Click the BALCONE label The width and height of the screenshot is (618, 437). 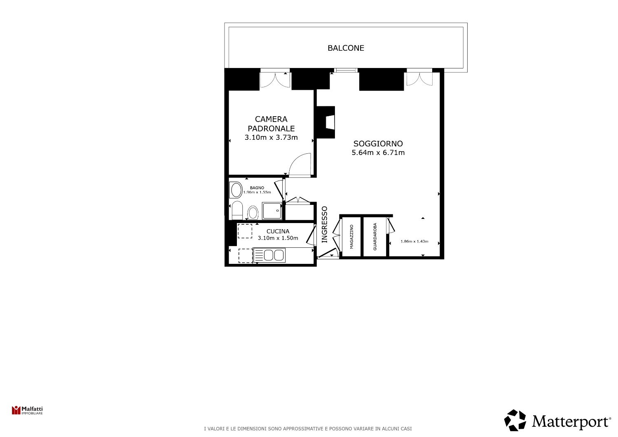pos(346,48)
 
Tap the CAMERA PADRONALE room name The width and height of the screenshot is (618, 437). pos(271,124)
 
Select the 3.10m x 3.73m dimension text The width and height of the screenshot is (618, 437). pos(271,137)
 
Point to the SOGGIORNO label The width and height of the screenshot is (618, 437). pos(378,143)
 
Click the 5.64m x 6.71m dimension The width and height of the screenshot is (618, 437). pos(378,153)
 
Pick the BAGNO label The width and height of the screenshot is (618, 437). pos(257,188)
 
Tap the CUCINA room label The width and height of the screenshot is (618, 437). pos(278,231)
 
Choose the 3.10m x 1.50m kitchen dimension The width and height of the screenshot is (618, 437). pos(278,238)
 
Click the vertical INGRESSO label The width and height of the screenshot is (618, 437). pos(325,224)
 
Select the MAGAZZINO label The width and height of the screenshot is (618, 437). pos(351,237)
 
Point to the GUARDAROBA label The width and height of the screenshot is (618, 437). pos(375,237)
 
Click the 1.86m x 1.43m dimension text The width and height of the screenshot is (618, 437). pos(414,241)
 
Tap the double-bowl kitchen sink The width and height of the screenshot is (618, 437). pos(269,255)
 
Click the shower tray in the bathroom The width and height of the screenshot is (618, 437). pos(272,211)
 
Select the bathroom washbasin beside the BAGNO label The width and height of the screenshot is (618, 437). pos(236,190)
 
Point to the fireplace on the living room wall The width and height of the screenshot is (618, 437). pos(326,122)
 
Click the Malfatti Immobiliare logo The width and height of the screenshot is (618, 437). pos(27,410)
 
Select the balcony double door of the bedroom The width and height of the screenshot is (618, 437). pos(275,79)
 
